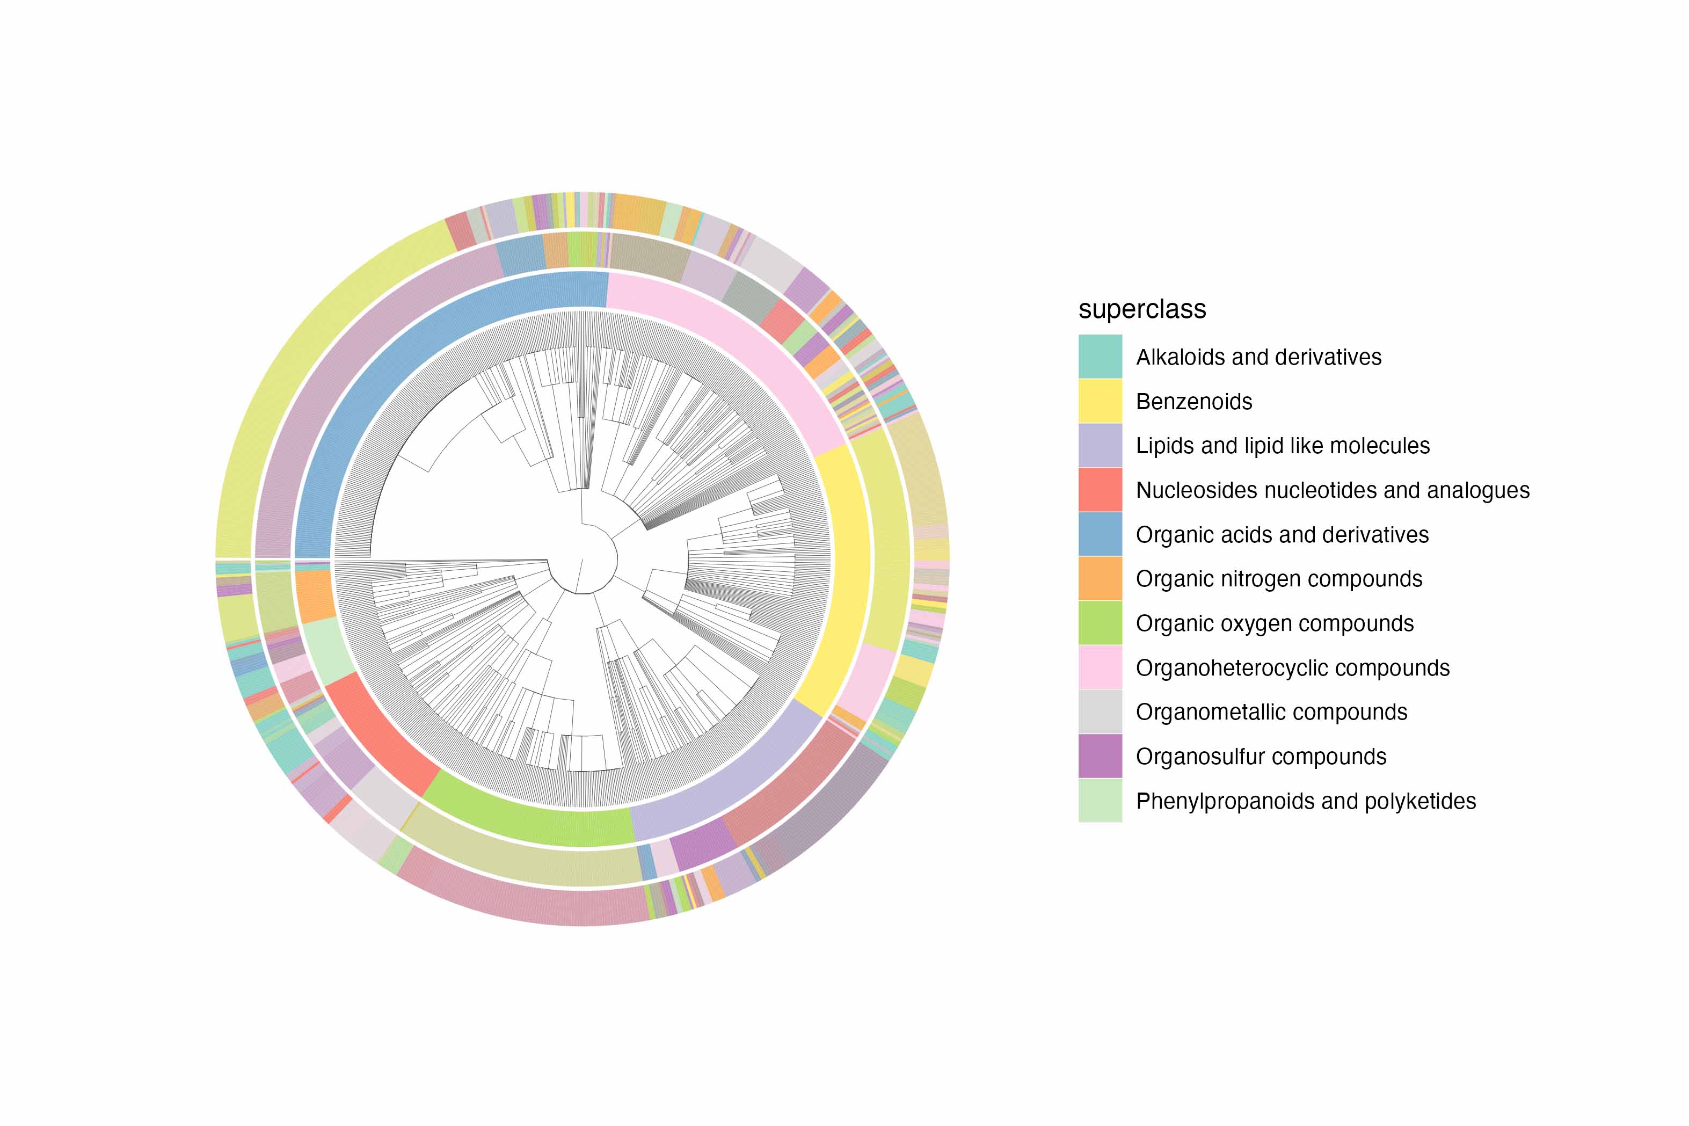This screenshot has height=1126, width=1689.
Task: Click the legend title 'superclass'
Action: click(1141, 309)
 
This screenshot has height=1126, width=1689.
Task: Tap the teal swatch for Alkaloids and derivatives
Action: click(1100, 356)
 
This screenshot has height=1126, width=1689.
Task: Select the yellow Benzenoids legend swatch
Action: click(1100, 401)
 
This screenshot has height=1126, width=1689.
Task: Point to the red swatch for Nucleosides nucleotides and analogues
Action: click(1100, 490)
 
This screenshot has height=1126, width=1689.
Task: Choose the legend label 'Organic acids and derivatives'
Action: click(1282, 534)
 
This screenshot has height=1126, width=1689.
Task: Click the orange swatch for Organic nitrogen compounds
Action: click(1100, 578)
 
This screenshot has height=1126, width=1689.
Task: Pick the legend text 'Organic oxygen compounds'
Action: click(1275, 623)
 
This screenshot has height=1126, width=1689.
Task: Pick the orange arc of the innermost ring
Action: click(315, 596)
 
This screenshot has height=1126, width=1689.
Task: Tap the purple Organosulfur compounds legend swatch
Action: click(1100, 756)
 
